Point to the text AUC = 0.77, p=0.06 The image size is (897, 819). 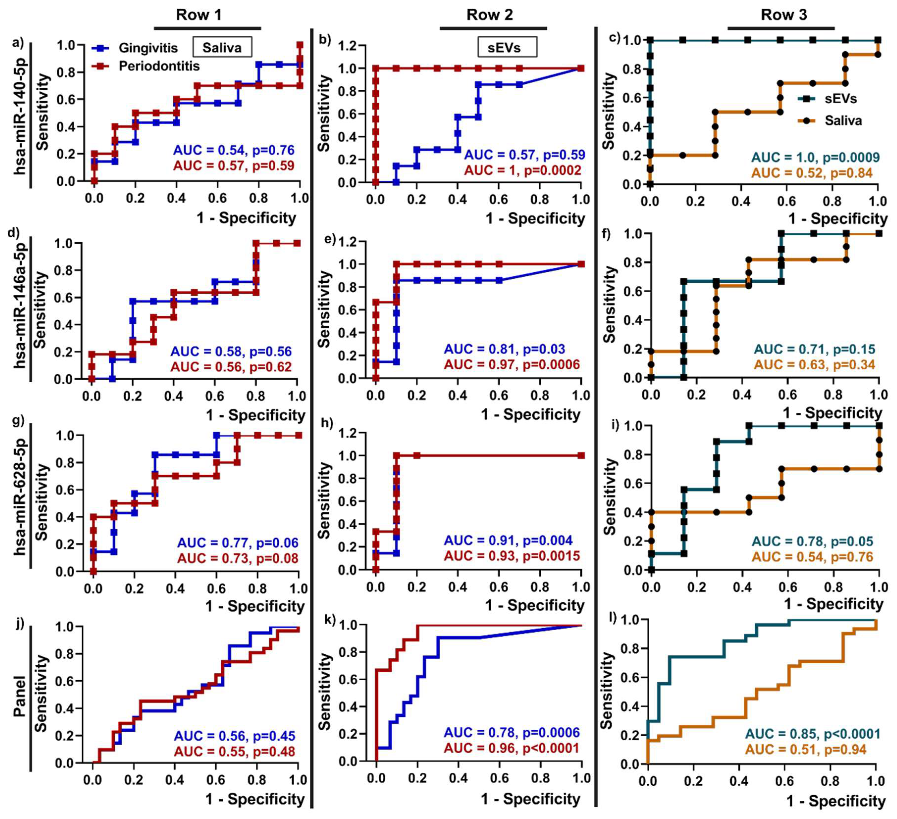237,543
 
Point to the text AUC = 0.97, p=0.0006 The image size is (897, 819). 512,365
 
